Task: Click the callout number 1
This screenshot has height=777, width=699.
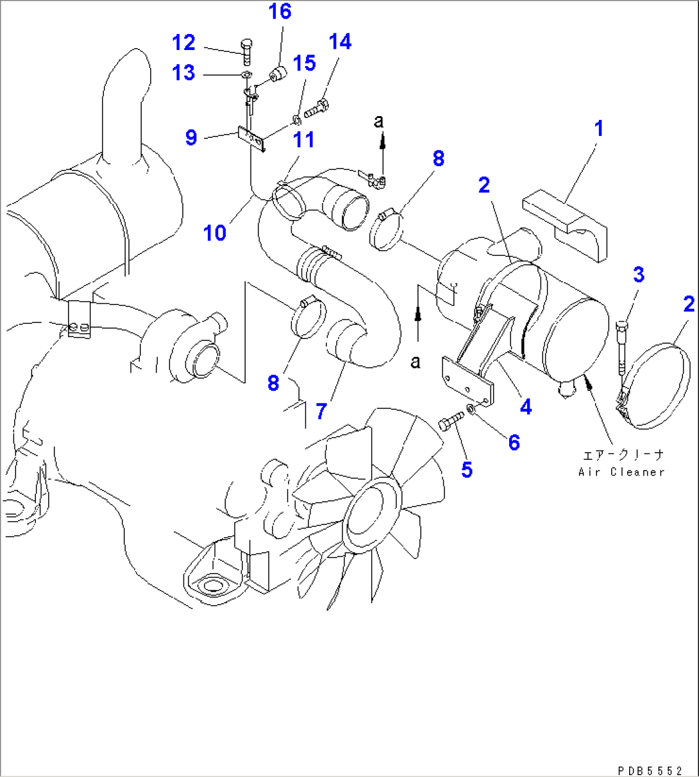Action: point(598,129)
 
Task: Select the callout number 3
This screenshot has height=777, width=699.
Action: point(638,274)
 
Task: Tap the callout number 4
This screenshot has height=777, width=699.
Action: point(526,406)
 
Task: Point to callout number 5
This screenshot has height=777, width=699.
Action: point(466,469)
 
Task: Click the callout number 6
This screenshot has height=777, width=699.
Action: point(514,442)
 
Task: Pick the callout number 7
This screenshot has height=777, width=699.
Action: point(321,410)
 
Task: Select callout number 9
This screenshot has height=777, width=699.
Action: point(190,137)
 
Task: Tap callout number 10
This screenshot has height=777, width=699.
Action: point(215,232)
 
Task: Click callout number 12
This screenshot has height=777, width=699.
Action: point(183,43)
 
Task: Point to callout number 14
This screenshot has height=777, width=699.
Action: point(340,42)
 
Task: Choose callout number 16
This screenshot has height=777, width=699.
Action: point(280,12)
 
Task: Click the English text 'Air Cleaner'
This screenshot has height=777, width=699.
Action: point(621,472)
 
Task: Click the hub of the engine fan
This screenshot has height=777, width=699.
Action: point(370,513)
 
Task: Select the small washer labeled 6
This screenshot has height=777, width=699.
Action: point(472,410)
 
